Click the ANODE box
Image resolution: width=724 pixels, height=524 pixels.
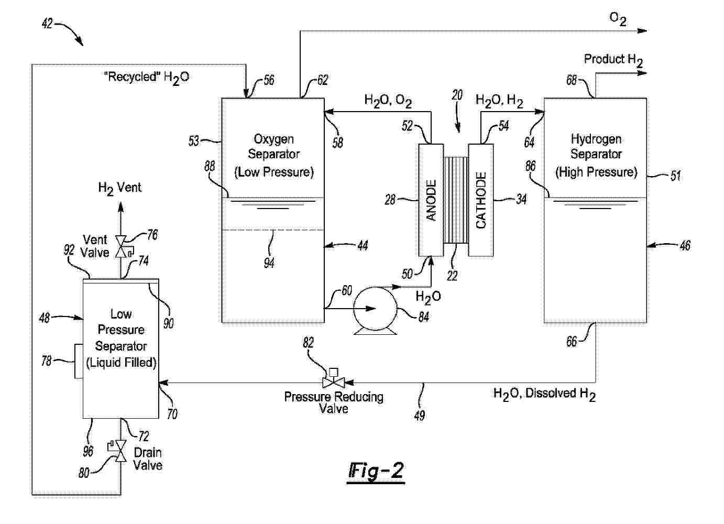point(431,200)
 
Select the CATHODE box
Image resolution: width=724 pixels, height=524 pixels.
point(481,200)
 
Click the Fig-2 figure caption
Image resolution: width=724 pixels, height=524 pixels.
point(376,471)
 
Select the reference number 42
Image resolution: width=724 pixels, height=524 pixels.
point(47,24)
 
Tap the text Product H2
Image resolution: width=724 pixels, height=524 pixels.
point(613,60)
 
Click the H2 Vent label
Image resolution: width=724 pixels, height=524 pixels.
point(120,188)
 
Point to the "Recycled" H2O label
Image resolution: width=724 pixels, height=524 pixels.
point(147,78)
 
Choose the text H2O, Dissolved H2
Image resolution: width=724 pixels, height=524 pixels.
point(544,394)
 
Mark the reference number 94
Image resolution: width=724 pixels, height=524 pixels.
point(269,263)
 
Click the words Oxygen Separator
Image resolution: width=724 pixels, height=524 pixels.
point(273,147)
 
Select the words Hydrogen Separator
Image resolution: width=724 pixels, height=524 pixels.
point(596,147)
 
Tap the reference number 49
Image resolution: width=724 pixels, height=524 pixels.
point(419,416)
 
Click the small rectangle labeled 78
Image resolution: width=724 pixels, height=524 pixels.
point(79,361)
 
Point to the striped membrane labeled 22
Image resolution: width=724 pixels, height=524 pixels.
point(456,200)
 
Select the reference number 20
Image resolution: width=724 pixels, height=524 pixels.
point(457,95)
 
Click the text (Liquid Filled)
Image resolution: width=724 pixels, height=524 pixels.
point(121,362)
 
